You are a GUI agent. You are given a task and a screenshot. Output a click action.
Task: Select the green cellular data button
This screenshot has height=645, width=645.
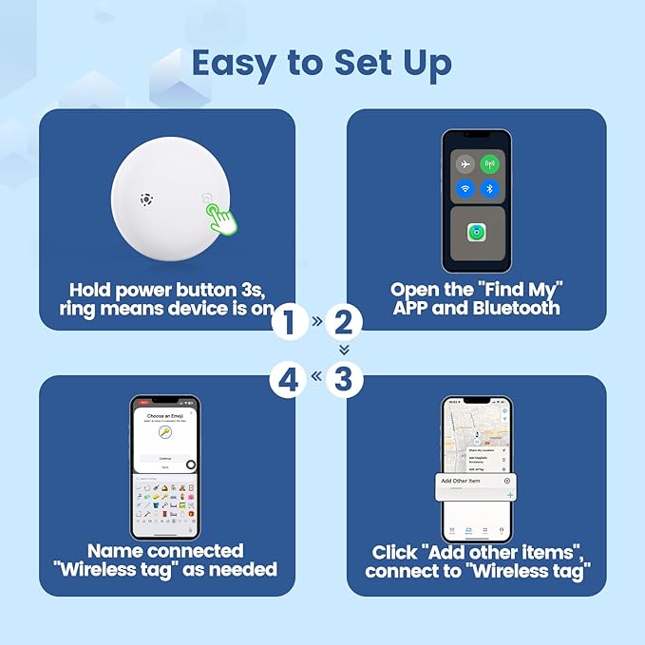pos(490,163)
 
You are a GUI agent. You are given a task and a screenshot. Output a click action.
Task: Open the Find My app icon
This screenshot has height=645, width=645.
pos(477,233)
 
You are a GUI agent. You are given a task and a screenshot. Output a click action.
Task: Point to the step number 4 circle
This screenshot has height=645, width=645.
pos(289,380)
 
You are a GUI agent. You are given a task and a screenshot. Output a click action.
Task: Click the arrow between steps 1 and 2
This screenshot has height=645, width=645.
pos(316,323)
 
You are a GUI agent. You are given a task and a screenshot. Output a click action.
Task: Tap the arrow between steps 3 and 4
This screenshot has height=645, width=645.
pos(316,380)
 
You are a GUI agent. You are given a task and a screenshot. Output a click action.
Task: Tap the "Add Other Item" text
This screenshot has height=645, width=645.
pos(462,481)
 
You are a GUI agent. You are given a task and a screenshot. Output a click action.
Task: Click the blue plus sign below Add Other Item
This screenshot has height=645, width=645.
pos(510,495)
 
